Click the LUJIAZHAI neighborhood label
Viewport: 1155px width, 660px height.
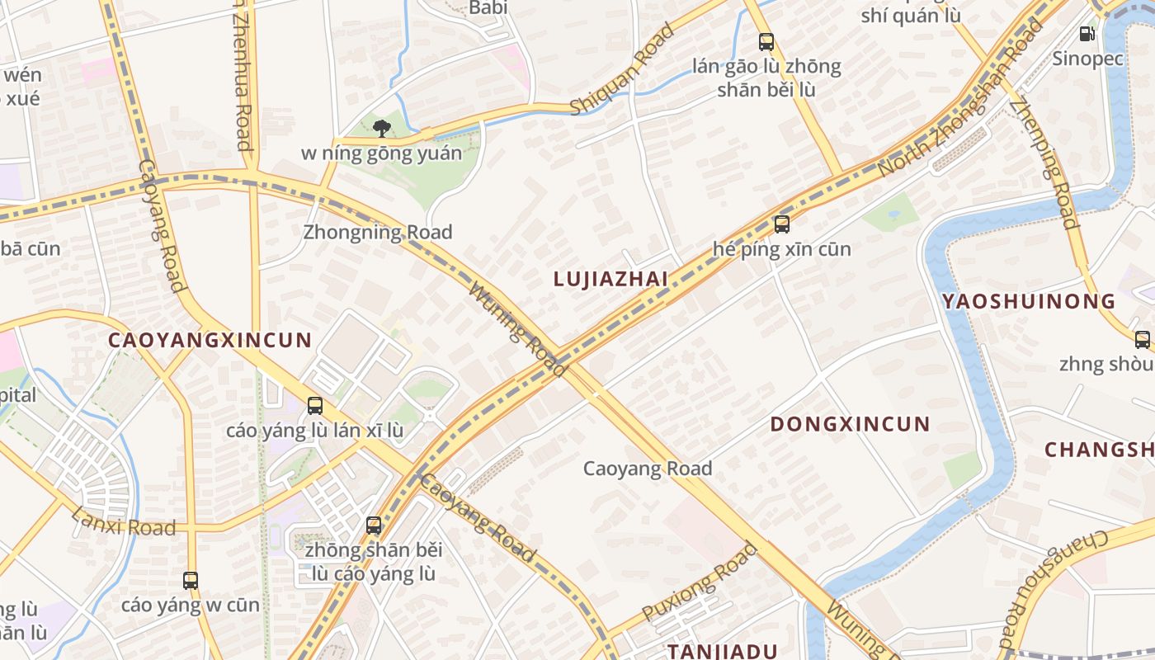[610, 279]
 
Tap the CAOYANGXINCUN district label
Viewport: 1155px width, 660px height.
[210, 340]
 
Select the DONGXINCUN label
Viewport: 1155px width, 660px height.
[850, 425]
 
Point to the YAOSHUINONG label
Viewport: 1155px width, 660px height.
[1029, 301]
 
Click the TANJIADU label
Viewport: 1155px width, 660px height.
[723, 651]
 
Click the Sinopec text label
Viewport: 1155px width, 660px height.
[1087, 59]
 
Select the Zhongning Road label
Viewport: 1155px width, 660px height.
[378, 232]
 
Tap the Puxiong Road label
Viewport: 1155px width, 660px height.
[700, 582]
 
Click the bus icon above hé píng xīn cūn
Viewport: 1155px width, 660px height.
[781, 224]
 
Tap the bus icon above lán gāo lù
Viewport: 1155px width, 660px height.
[766, 41]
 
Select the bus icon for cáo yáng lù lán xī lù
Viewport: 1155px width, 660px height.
[315, 406]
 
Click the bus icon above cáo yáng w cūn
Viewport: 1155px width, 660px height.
[191, 581]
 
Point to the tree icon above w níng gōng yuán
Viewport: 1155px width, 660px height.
[381, 128]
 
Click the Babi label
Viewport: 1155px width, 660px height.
[488, 7]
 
